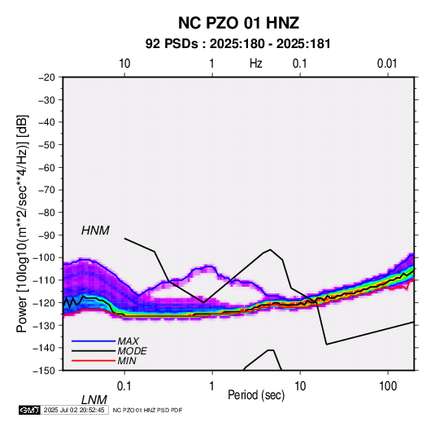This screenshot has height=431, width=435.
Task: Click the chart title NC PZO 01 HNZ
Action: tap(238, 23)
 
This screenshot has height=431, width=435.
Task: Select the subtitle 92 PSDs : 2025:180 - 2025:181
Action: tap(238, 44)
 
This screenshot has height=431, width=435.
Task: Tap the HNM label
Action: tap(95, 231)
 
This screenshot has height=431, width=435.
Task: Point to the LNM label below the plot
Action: tap(94, 400)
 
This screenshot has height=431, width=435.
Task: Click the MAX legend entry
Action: tap(128, 341)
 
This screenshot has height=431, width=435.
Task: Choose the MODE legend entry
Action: tap(132, 351)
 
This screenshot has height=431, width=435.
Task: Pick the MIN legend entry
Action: tap(127, 361)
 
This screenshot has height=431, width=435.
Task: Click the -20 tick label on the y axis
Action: tap(46, 77)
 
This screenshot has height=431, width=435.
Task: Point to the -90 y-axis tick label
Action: tap(46, 235)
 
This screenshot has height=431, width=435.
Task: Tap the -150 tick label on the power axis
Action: tap(44, 371)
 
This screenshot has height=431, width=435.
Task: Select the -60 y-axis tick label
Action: tap(46, 167)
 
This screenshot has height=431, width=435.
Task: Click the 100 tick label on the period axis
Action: tap(388, 386)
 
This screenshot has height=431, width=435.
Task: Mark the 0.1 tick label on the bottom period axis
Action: tap(124, 386)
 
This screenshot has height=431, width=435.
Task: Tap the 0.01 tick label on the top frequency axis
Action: tap(387, 64)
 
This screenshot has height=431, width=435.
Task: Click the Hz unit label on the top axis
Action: tap(256, 64)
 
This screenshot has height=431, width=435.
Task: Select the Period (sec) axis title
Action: tap(256, 395)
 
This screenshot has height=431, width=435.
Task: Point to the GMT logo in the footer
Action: tap(29, 410)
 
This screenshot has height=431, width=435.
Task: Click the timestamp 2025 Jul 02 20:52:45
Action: tap(74, 410)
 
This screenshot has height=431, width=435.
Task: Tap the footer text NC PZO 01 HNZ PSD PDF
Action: tap(148, 410)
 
